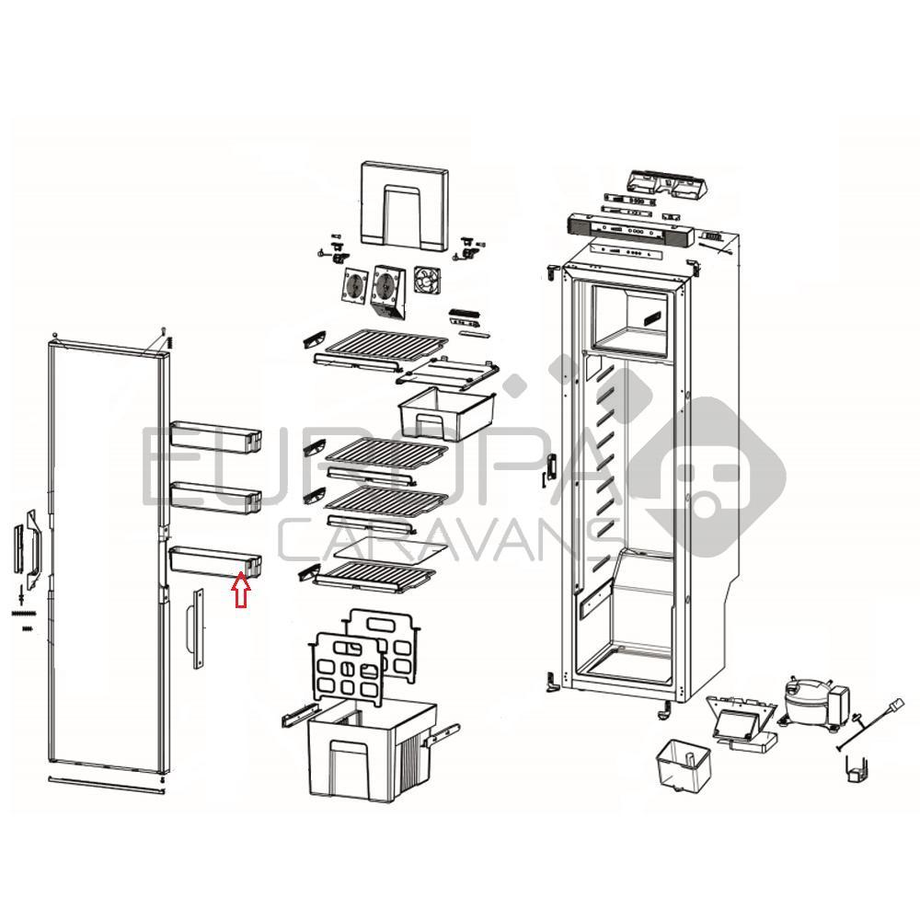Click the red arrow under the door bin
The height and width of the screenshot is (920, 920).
pos(241,591)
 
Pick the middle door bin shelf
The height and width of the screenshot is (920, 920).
pos(215,498)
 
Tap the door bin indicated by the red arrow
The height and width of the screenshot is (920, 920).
pos(214,559)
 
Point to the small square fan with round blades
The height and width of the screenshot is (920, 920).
pos(427,281)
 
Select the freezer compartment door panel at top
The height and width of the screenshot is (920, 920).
pos(404,205)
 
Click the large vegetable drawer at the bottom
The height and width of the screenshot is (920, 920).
pos(372,749)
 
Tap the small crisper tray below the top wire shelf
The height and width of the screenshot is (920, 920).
pos(446,413)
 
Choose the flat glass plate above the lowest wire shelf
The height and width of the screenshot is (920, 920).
pos(391,548)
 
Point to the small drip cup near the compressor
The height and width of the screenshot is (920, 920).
pos(683,762)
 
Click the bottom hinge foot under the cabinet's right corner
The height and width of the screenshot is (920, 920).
pos(665,709)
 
